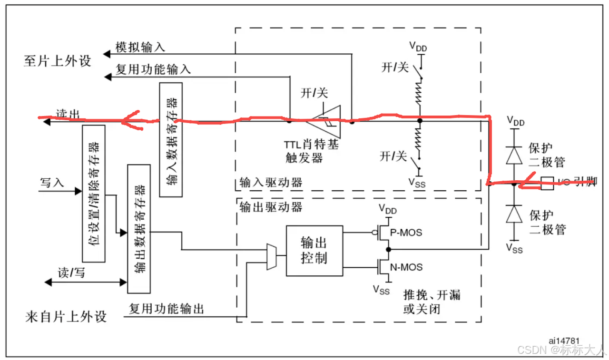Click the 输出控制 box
point(314,251)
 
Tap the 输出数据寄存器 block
point(139,228)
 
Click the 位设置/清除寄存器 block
point(94,194)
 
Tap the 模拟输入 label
point(140,47)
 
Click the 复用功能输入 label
point(153,69)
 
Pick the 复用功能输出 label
point(166,309)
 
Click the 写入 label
point(52,183)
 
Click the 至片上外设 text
point(57,61)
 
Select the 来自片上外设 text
point(66,317)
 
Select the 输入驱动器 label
point(271,183)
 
